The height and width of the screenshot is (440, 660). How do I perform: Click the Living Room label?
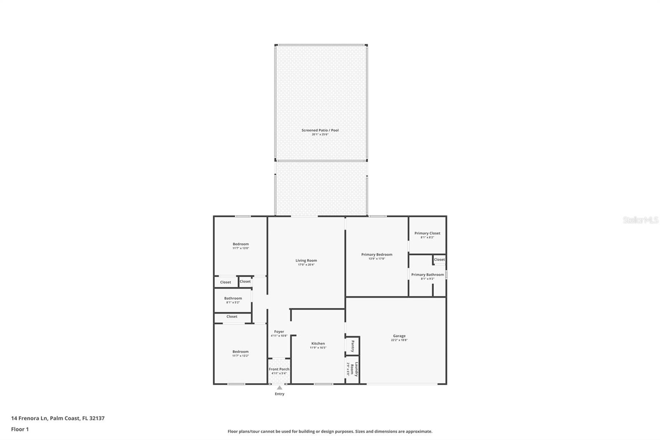click(x=306, y=260)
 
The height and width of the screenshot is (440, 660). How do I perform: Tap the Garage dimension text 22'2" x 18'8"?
click(x=399, y=341)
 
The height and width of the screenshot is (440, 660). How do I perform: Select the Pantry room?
click(x=353, y=346)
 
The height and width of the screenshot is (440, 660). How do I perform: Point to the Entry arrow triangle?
click(x=280, y=388)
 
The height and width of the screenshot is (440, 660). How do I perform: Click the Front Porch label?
click(x=279, y=369)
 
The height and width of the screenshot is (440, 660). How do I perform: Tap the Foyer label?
click(x=279, y=331)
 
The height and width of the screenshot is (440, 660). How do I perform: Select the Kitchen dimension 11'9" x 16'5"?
click(x=318, y=348)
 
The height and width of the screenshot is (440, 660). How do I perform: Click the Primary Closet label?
click(x=427, y=233)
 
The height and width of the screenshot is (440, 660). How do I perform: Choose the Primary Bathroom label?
click(x=427, y=274)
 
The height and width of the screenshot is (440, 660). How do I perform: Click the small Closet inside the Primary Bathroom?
click(x=439, y=260)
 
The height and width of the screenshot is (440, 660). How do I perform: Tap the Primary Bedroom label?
click(x=377, y=254)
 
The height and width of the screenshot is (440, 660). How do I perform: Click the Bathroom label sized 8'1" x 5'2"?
click(x=233, y=298)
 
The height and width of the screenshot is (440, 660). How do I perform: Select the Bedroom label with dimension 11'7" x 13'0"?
click(x=240, y=244)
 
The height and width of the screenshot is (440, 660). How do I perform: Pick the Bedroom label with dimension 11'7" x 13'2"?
click(x=240, y=352)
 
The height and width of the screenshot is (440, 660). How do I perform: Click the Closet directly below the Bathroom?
click(x=232, y=317)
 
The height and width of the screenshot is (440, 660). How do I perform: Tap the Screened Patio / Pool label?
click(x=320, y=130)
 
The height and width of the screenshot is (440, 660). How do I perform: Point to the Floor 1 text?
click(x=20, y=429)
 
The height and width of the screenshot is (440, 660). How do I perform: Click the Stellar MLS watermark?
click(x=640, y=220)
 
